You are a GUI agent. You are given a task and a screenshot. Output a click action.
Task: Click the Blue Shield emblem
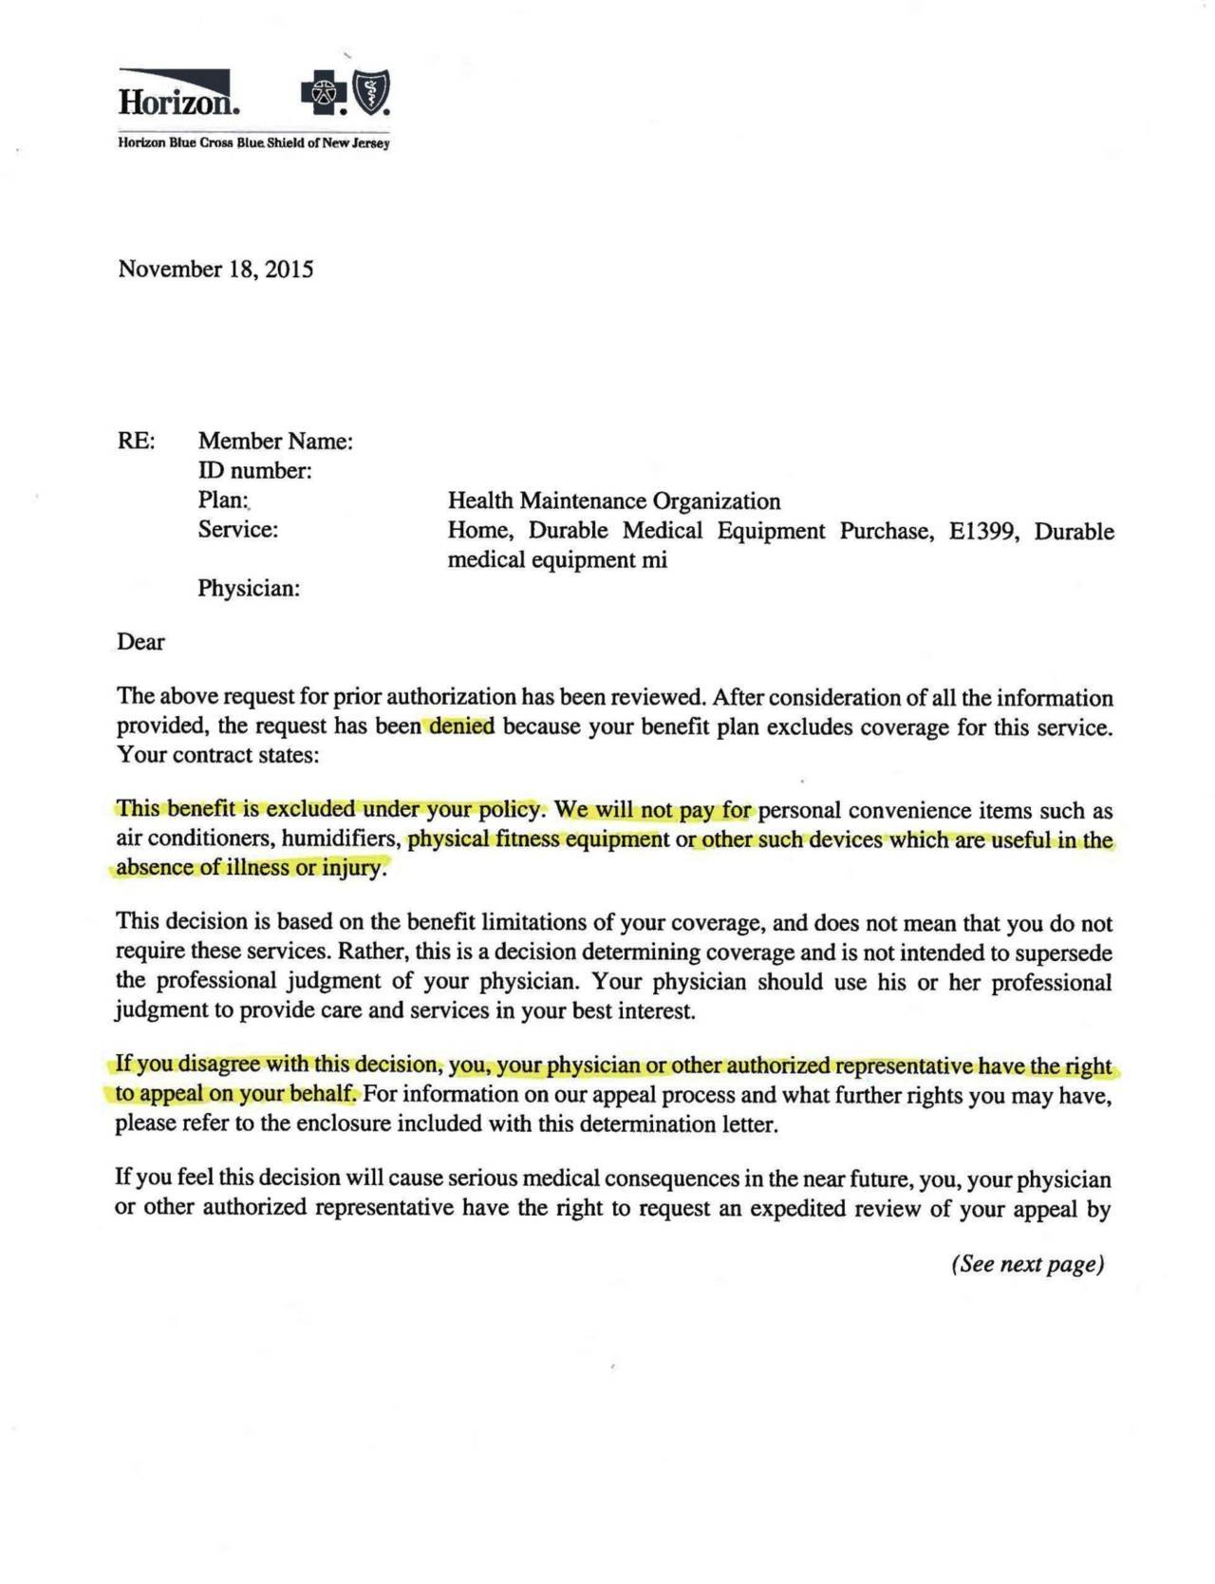(x=371, y=93)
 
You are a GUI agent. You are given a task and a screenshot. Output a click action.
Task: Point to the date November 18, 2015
(x=215, y=269)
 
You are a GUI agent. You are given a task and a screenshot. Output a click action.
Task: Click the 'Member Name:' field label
(x=275, y=442)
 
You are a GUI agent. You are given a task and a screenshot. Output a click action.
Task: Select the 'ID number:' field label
(x=254, y=471)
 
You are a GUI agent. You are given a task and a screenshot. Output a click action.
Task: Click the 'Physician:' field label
(x=249, y=589)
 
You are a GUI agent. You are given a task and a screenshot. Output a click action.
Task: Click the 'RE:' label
(x=136, y=442)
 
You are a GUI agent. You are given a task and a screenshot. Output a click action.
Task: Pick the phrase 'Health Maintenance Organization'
(x=614, y=501)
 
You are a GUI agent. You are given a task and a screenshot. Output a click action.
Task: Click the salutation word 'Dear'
(x=140, y=642)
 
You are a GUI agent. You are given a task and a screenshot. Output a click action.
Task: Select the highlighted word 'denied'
(x=461, y=726)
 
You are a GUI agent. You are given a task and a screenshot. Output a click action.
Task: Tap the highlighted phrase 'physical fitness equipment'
(x=538, y=839)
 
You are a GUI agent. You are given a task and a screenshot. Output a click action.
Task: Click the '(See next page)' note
(x=1027, y=1264)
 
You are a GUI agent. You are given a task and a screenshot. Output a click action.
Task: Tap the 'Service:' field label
(x=238, y=530)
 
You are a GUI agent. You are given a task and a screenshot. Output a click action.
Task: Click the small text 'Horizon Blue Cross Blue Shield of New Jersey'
(x=253, y=143)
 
